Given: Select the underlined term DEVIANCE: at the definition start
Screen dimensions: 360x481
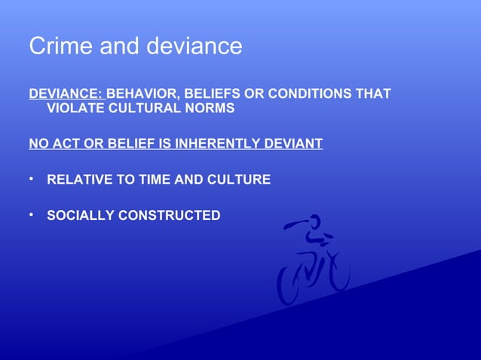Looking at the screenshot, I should click(66, 94).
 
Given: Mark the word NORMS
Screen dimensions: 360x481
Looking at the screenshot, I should click(211, 108).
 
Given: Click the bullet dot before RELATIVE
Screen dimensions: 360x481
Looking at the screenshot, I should click(32, 179).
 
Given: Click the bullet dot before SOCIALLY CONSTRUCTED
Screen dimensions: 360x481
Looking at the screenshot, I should click(32, 215).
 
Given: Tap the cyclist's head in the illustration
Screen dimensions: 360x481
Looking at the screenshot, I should click(314, 223).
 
